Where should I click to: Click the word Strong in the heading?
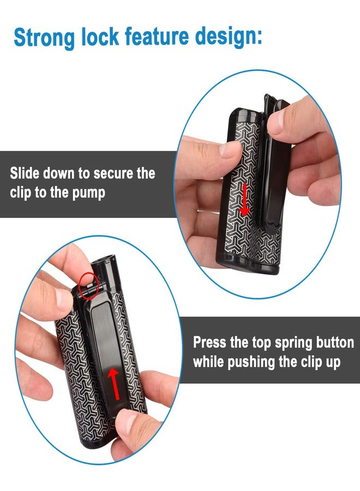click(x=44, y=38)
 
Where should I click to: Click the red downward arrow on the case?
click(x=244, y=200)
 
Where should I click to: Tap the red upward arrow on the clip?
click(x=113, y=384)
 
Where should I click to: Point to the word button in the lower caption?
click(x=335, y=343)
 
